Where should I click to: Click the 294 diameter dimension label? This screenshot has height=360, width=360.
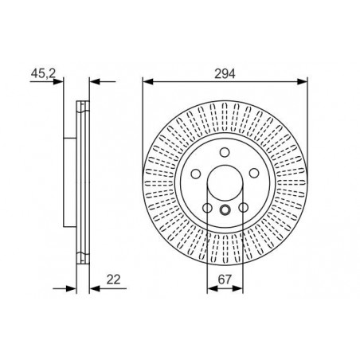[x=225, y=73]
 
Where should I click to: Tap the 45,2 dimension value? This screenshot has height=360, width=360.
[x=43, y=73]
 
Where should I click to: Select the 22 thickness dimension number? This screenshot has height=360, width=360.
[x=113, y=280]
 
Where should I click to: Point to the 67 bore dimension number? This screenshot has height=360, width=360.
[x=225, y=280]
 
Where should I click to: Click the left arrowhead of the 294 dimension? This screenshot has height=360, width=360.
[x=148, y=81]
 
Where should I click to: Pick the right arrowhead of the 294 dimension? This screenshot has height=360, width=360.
[x=302, y=81]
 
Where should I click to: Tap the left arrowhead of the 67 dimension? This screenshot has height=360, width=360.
[x=212, y=288]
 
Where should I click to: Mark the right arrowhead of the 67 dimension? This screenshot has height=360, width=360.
[x=237, y=288]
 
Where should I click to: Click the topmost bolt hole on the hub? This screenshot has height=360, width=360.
[x=225, y=152]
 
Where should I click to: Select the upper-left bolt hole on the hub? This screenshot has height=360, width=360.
[x=196, y=174]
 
